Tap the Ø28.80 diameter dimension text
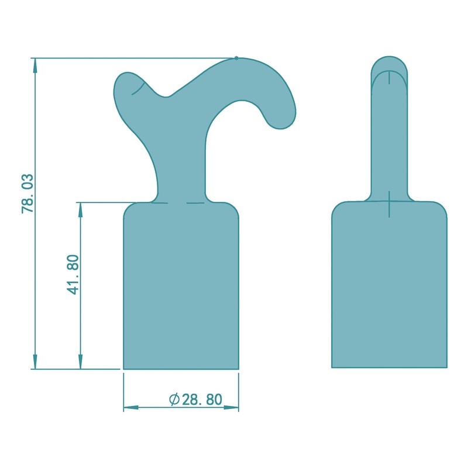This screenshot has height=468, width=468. [195, 400]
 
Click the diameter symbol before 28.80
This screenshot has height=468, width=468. [174, 400]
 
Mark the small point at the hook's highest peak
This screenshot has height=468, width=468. [236, 57]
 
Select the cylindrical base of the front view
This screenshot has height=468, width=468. [181, 287]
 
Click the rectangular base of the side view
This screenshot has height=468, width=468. [389, 287]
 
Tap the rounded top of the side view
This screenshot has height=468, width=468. [390, 61]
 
